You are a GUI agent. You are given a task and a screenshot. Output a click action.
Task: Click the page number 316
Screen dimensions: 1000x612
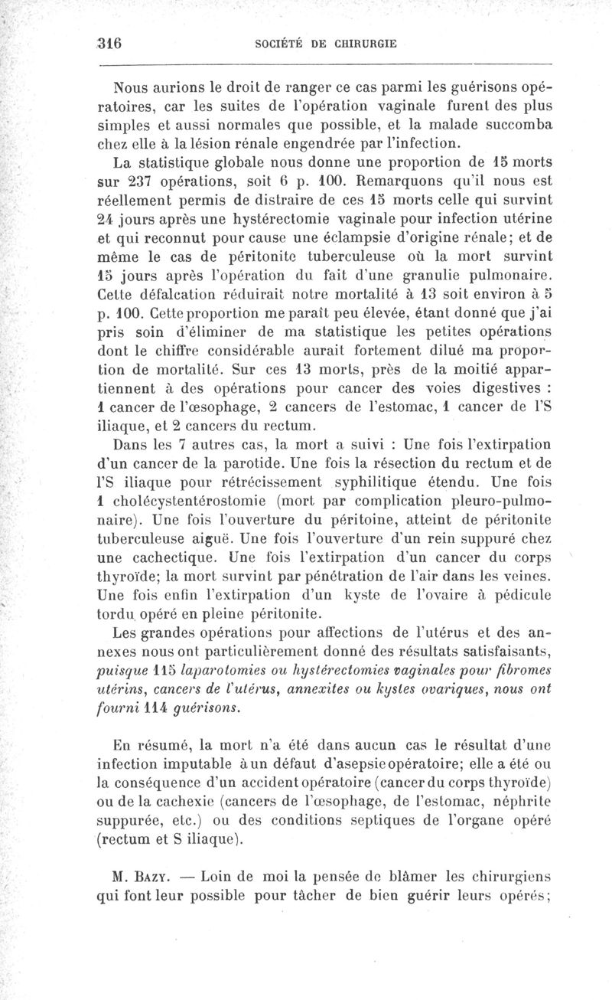click(x=111, y=44)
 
